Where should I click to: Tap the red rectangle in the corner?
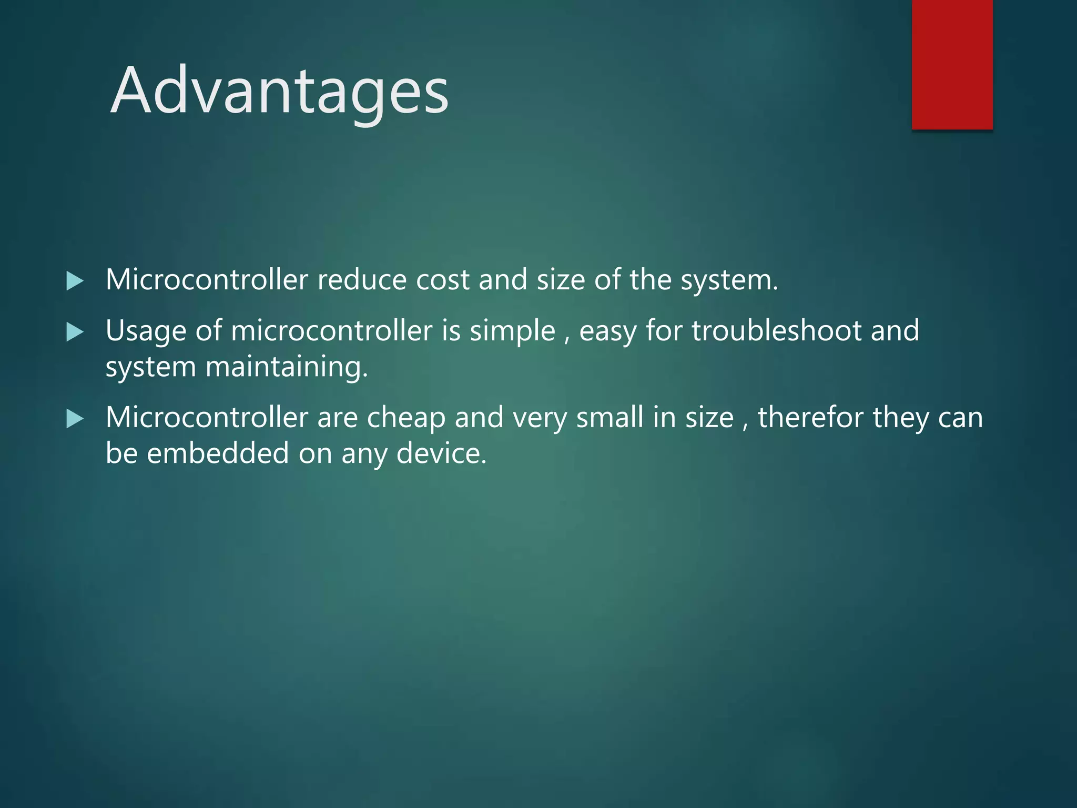pyautogui.click(x=952, y=64)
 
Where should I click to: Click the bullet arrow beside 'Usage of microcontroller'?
pyautogui.click(x=75, y=332)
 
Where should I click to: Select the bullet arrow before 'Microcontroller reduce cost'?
pyautogui.click(x=75, y=281)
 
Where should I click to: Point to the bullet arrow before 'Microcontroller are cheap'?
pyautogui.click(x=75, y=419)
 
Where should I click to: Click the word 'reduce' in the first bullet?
pyautogui.click(x=362, y=280)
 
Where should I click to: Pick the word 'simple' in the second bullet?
pyautogui.click(x=512, y=331)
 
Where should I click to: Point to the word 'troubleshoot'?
pyautogui.click(x=776, y=331)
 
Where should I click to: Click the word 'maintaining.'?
pyautogui.click(x=287, y=367)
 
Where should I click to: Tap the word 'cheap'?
pyautogui.click(x=406, y=418)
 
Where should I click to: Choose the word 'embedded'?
pyautogui.click(x=218, y=453)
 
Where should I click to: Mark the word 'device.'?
pyautogui.click(x=441, y=453)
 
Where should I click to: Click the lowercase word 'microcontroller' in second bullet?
pyautogui.click(x=331, y=331)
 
